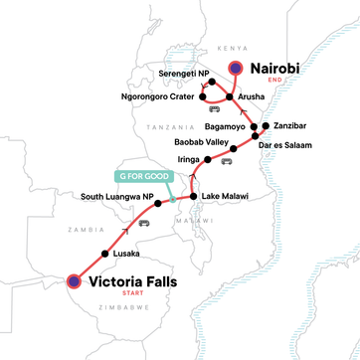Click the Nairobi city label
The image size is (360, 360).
coord(282,70)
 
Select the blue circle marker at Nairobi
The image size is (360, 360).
coord(236,68)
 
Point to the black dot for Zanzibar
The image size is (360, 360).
coord(267,127)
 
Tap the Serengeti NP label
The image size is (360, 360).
coord(173,74)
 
